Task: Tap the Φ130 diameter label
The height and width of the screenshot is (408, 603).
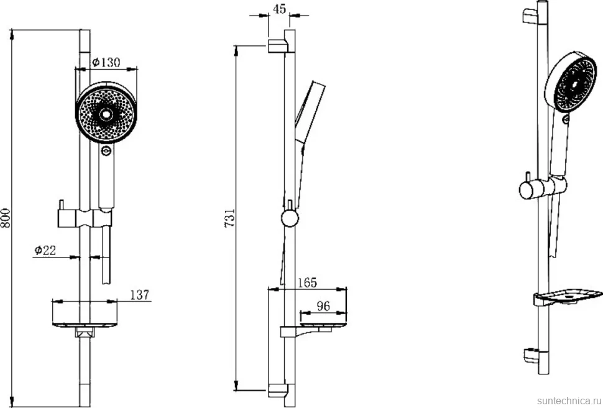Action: pos(106,62)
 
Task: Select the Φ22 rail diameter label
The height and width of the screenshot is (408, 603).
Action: pos(45,250)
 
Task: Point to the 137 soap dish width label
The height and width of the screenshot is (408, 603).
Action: pos(139,294)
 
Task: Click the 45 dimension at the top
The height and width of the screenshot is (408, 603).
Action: pos(280,9)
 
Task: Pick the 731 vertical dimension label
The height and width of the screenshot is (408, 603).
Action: pos(229,218)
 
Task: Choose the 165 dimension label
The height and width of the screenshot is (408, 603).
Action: pos(307,282)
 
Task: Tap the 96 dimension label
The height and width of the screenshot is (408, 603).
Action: pos(323,306)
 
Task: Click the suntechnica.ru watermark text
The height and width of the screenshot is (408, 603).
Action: pos(569,401)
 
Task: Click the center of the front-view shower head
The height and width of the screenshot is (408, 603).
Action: pos(106,114)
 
